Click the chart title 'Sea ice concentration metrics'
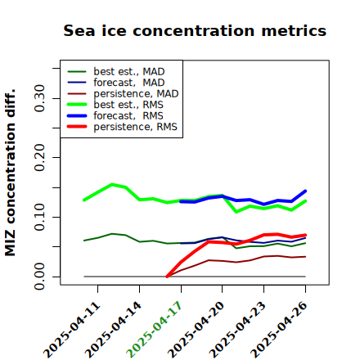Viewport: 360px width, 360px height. (x=195, y=30)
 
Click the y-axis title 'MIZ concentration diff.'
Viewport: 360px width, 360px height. (x=10, y=173)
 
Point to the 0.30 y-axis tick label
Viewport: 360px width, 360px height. (x=39, y=98)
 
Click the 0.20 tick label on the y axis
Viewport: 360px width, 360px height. (x=39, y=158)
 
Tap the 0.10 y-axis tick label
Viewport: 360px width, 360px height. (x=39, y=217)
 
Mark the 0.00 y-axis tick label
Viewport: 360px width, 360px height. (x=39, y=277)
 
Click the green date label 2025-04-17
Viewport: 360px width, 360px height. (x=154, y=330)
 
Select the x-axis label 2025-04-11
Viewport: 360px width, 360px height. (x=71, y=330)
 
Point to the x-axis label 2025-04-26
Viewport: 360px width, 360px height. (x=279, y=330)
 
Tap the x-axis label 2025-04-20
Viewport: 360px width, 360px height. (x=196, y=330)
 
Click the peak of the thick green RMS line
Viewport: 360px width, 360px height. (x=112, y=185)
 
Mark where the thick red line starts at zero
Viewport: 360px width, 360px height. (x=167, y=277)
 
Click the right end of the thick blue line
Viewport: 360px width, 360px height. (x=305, y=191)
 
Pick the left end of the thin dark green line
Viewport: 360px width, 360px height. (x=84, y=241)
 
